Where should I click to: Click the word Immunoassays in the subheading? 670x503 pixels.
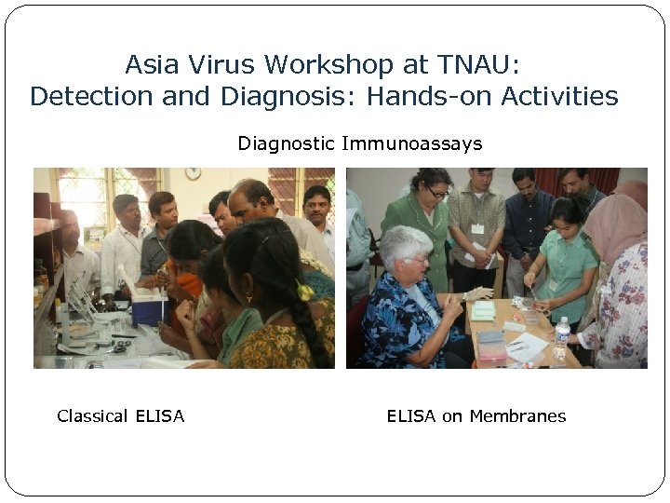(x=411, y=143)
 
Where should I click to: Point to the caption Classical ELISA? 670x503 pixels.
(x=121, y=416)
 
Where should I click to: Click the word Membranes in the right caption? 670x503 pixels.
(x=517, y=416)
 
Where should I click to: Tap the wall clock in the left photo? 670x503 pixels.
(x=193, y=173)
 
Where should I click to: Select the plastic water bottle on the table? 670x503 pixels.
(x=561, y=336)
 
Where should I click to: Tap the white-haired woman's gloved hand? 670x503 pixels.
(x=478, y=294)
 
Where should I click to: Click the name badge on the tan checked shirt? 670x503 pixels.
(x=477, y=229)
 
